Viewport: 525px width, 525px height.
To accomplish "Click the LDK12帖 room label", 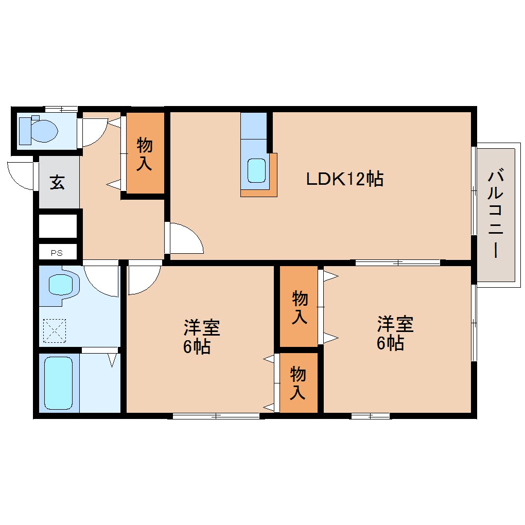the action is point(345,179).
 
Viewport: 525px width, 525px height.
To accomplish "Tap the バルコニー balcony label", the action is point(496,214).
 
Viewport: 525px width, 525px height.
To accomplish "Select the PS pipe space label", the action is point(57,253).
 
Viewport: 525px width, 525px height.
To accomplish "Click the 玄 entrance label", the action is point(57,182).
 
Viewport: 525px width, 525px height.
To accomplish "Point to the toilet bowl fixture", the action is point(39,130).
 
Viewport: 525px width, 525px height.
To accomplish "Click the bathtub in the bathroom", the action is point(59,383).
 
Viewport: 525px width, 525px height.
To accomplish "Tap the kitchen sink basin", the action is point(256,170).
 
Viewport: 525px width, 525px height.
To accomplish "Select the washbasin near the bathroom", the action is point(61,285).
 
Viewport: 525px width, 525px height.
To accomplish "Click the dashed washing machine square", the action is point(55,330).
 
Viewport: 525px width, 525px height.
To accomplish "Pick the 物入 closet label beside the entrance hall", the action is point(145,154).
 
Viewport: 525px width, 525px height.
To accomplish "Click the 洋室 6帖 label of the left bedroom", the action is point(201,337).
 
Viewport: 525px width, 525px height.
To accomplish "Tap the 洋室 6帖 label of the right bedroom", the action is point(395,333).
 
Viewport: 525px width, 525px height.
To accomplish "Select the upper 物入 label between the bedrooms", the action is point(300,307).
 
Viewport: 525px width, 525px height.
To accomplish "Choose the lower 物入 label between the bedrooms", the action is point(297,383).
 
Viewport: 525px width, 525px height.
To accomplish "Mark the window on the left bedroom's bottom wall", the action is point(216,416).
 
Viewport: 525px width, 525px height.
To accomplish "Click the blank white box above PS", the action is point(58,226).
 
